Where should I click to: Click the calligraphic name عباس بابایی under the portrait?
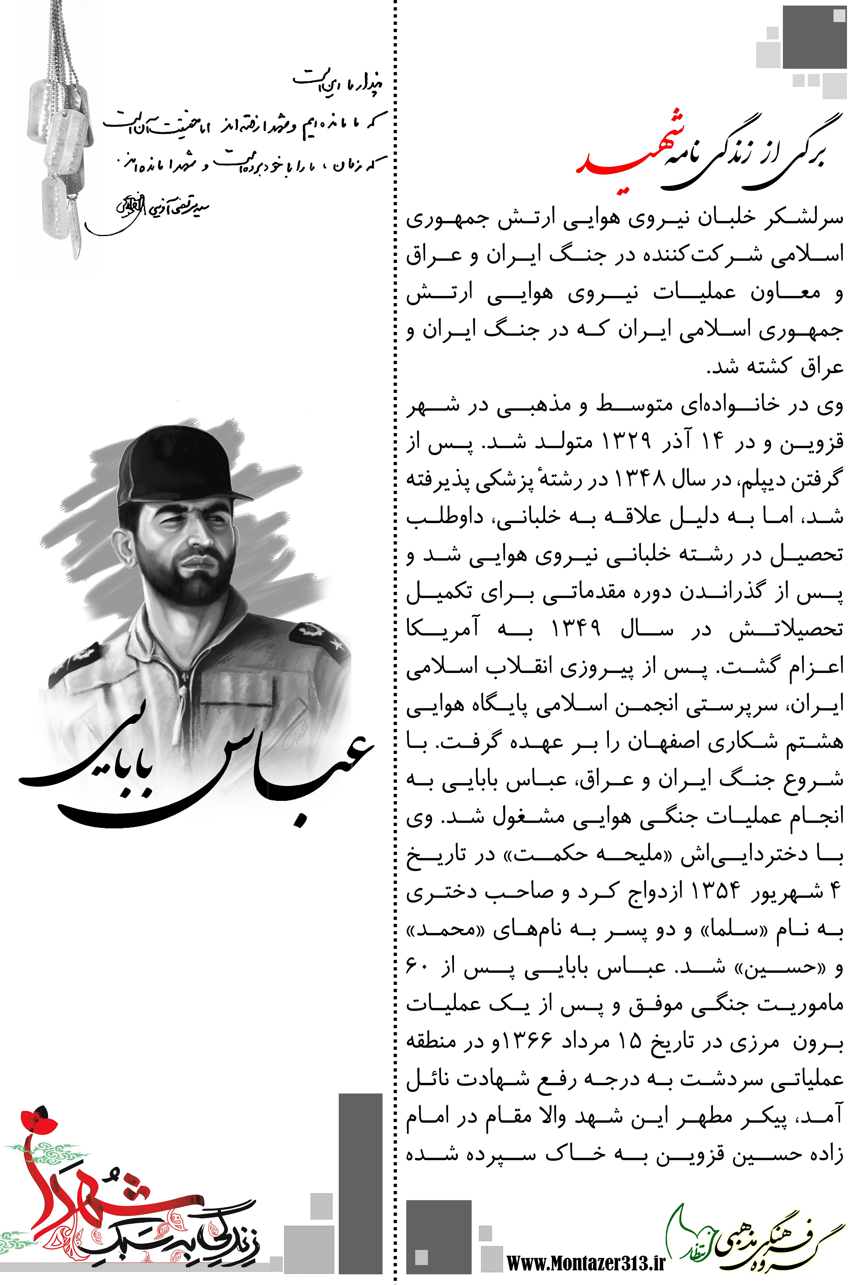tap(197, 776)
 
